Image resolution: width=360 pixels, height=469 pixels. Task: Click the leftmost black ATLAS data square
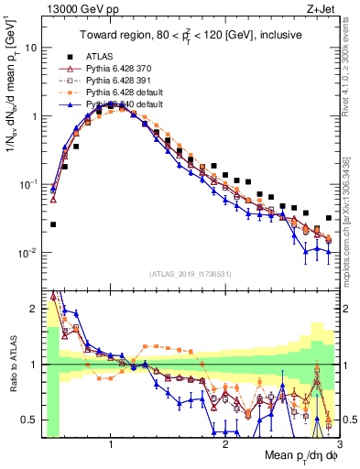click(x=53, y=224)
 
